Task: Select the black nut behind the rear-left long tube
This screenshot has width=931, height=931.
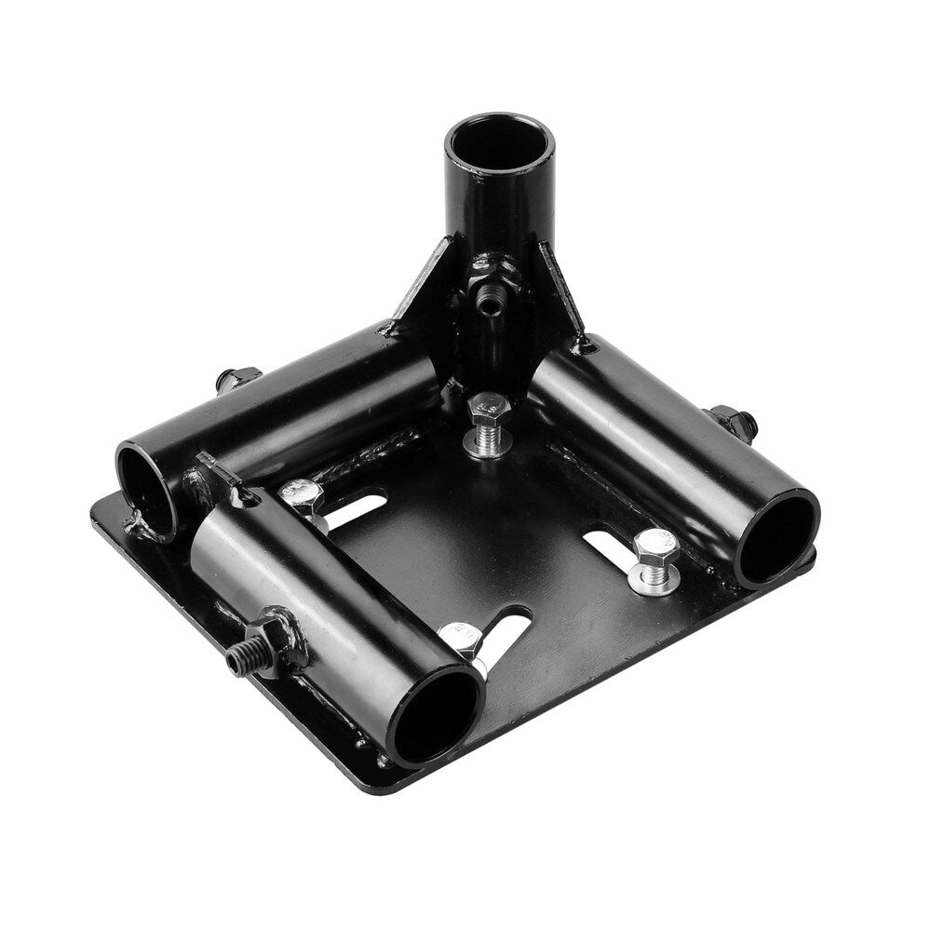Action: click(x=237, y=380)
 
